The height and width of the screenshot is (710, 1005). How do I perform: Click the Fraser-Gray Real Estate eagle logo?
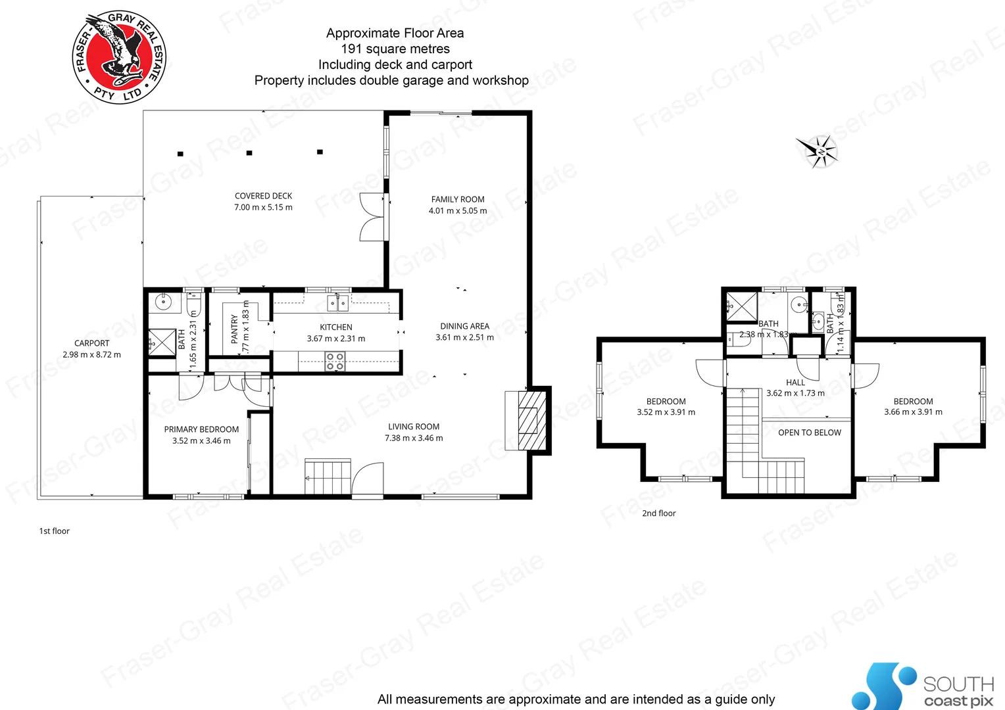click(x=119, y=57)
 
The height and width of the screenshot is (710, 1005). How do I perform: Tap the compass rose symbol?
click(x=818, y=152)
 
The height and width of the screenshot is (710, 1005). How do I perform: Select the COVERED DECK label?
click(x=263, y=196)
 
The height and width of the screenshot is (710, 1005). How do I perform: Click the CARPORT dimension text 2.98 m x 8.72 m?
click(x=91, y=355)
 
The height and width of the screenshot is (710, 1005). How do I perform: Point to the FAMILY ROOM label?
click(x=458, y=199)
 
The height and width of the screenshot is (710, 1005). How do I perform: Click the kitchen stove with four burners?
click(x=335, y=362)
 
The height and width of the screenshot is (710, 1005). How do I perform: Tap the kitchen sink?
click(x=337, y=303)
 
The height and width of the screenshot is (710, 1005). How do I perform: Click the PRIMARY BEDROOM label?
click(x=201, y=429)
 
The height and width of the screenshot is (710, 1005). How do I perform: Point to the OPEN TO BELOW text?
click(x=809, y=433)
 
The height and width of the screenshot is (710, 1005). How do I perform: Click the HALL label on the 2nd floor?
click(x=795, y=383)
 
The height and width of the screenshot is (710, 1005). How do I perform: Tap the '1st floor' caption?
click(x=54, y=531)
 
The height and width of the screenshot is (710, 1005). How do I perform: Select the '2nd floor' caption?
click(x=658, y=513)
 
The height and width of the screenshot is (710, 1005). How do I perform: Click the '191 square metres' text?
click(x=395, y=49)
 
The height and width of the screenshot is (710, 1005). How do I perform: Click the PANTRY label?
click(x=234, y=329)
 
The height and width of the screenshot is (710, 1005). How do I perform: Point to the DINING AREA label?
click(x=464, y=326)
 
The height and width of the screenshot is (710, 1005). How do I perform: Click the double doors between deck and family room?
click(x=372, y=218)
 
